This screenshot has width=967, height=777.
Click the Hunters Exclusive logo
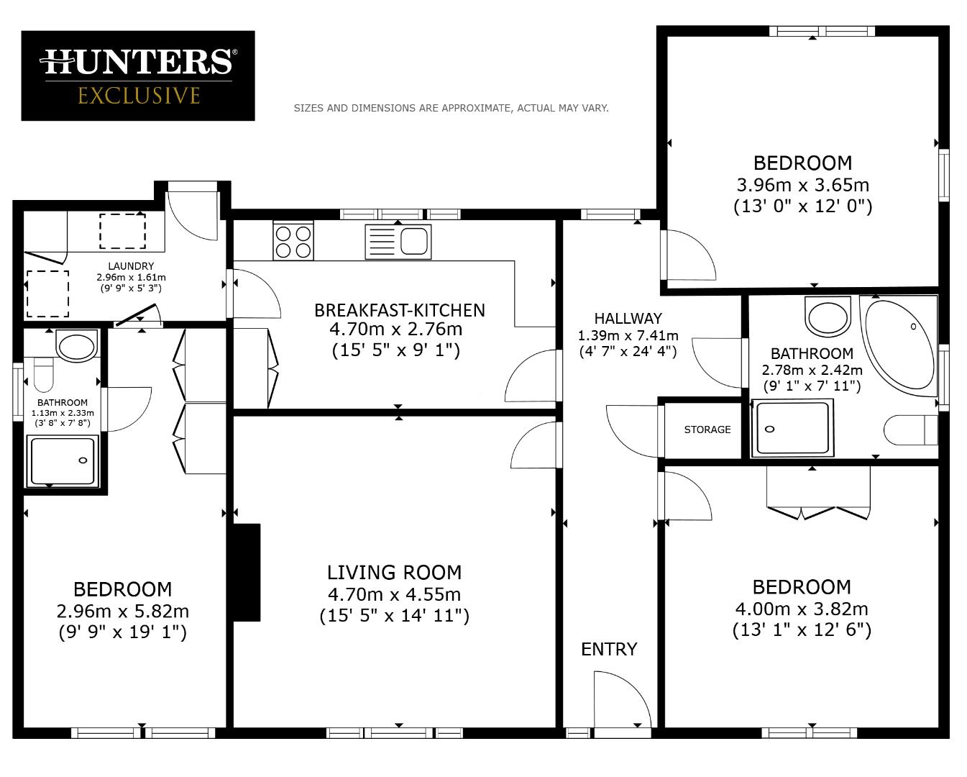pos(137,76)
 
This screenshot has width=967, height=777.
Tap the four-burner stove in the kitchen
pos(293,241)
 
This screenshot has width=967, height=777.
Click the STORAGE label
pos(707,430)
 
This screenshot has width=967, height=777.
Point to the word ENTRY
pos(609,649)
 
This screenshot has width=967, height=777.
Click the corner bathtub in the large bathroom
pos(899,345)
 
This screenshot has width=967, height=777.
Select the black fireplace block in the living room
pos(247,572)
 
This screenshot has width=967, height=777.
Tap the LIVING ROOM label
pos(394,573)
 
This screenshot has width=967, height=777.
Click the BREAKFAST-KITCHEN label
pos(399,310)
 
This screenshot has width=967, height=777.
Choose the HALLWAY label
pos(628,318)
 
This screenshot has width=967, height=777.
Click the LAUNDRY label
pos(131,266)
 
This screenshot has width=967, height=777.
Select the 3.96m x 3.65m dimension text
pos(802,185)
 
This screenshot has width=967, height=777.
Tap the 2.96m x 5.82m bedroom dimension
pos(122,611)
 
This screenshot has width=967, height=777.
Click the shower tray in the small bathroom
pos(62,460)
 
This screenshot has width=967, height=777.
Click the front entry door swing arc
pos(622,698)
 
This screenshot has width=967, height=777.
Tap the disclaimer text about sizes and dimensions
pos(451,108)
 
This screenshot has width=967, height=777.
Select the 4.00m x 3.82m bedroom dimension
pos(801,609)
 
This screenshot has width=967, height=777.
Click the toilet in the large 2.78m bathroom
pos(910,430)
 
